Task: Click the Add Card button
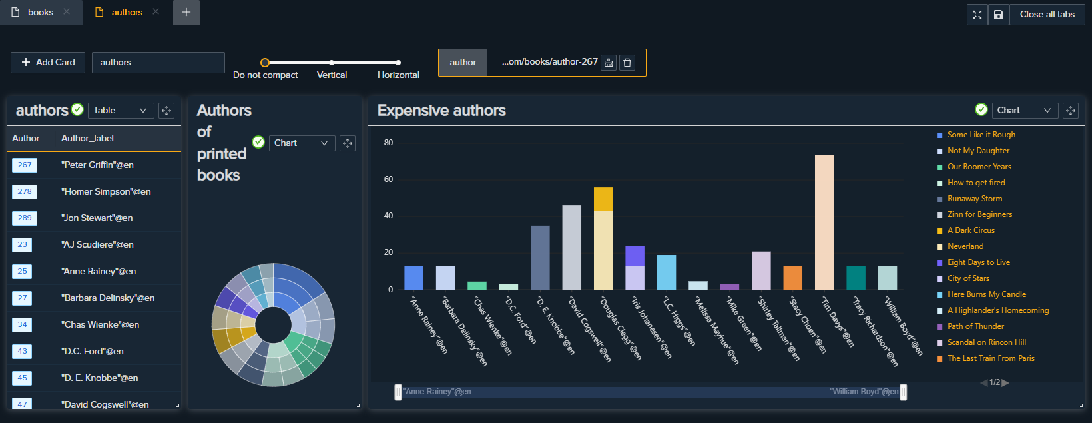click(x=48, y=62)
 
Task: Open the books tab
click(x=40, y=13)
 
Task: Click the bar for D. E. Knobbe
click(x=540, y=258)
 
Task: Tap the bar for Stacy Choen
click(x=792, y=278)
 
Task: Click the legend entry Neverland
click(x=965, y=246)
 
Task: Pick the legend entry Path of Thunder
click(x=975, y=326)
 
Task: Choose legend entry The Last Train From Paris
click(x=991, y=358)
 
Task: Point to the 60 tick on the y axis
click(x=388, y=179)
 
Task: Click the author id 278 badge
click(x=25, y=191)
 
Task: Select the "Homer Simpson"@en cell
click(x=106, y=191)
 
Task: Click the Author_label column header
click(x=87, y=138)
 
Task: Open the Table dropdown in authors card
click(x=121, y=111)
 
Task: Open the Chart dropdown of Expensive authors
click(x=1025, y=111)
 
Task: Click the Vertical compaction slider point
click(x=332, y=63)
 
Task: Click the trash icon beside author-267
click(x=627, y=63)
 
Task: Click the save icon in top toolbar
click(x=998, y=15)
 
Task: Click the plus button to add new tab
click(x=186, y=13)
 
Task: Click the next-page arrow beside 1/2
click(x=1005, y=382)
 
